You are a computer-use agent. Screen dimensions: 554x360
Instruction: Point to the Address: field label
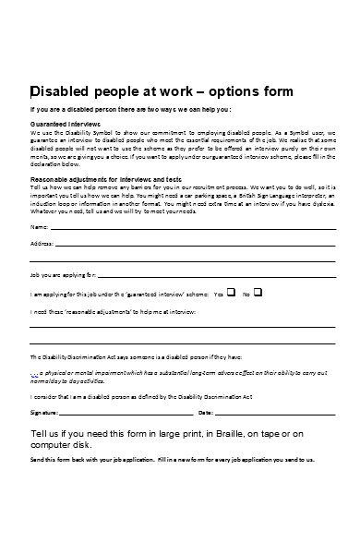(42, 244)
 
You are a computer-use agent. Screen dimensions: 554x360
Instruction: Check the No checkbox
(258, 293)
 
